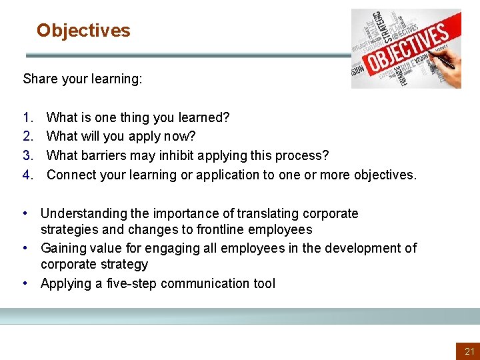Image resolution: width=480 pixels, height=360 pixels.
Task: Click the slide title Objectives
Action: (83, 31)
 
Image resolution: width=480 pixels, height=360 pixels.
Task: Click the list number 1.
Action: (27, 118)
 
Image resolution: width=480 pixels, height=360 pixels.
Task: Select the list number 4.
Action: (27, 175)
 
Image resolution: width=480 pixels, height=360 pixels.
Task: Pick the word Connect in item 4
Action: (71, 175)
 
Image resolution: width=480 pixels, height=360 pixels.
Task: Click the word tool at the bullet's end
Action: (263, 283)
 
